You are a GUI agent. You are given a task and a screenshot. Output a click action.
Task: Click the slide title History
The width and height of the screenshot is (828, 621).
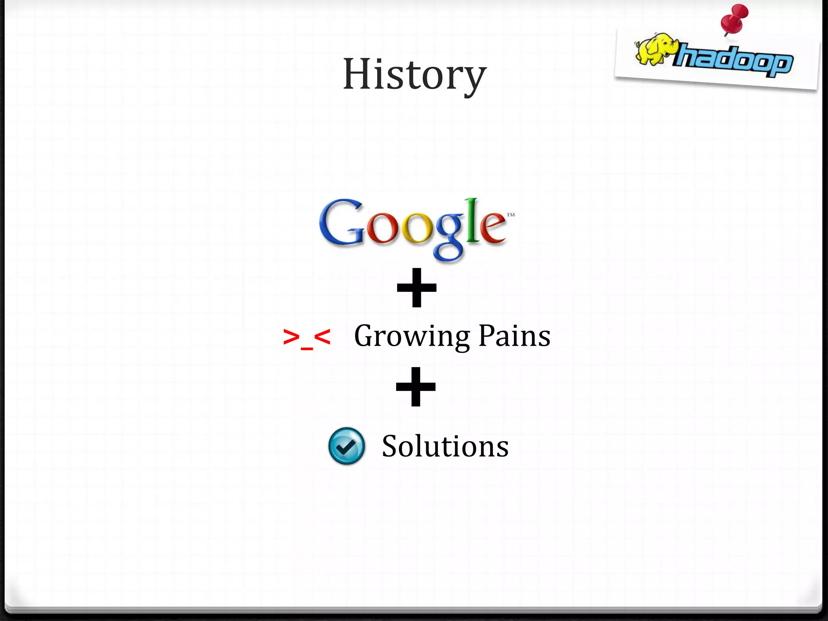(415, 75)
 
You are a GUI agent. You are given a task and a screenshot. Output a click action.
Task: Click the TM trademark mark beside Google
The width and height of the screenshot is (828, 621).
(511, 215)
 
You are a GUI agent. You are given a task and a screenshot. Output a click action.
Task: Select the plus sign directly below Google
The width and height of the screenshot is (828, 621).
(417, 287)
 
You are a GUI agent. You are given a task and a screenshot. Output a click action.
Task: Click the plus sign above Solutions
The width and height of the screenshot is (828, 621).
(416, 387)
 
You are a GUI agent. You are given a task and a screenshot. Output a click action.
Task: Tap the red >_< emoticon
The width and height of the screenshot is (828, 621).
(306, 338)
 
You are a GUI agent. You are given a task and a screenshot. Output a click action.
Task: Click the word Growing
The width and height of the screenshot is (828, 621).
(412, 336)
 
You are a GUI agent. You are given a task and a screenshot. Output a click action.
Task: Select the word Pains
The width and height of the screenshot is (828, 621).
(514, 336)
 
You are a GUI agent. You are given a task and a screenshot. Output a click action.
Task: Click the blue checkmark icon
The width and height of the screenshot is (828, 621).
(346, 446)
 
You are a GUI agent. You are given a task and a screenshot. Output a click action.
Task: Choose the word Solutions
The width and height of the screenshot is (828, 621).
(445, 446)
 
